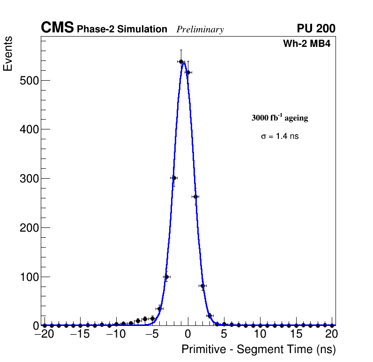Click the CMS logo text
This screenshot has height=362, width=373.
[57, 28]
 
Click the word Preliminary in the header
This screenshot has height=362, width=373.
[200, 30]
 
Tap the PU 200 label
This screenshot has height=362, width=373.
[316, 29]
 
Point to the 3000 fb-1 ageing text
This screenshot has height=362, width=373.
[279, 118]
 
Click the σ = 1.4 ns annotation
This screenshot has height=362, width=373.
[279, 136]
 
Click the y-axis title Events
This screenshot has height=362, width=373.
[8, 54]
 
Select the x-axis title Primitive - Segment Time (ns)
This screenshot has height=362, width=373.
[259, 349]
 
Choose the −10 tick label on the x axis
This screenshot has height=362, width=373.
[115, 334]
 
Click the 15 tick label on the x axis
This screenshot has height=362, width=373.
[296, 334]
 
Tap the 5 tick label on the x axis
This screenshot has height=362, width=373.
[224, 334]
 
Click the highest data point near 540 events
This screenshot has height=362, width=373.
[181, 61]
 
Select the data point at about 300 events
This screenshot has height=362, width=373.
[174, 178]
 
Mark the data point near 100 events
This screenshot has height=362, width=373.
[166, 277]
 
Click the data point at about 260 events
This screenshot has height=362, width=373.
[195, 197]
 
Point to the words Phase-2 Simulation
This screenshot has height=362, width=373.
[122, 30]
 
